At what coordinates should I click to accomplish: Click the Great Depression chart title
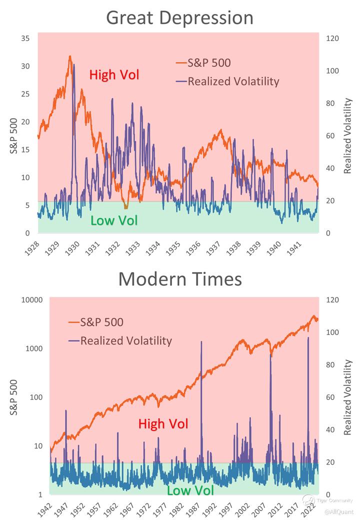pyautogui.click(x=180, y=18)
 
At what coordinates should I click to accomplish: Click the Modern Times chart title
pyautogui.click(x=180, y=278)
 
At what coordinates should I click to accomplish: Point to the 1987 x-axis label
pyautogui.click(x=196, y=508)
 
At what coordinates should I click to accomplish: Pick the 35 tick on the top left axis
pyautogui.click(x=26, y=38)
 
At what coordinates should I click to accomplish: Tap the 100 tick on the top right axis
pyautogui.click(x=332, y=71)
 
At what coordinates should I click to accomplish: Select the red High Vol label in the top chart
pyautogui.click(x=114, y=75)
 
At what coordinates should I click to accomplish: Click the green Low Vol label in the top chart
pyautogui.click(x=114, y=220)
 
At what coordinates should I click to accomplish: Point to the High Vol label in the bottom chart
pyautogui.click(x=163, y=424)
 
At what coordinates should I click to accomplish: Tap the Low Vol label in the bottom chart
pyautogui.click(x=190, y=490)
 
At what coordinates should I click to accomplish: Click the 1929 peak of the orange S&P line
pyautogui.click(x=70, y=56)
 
